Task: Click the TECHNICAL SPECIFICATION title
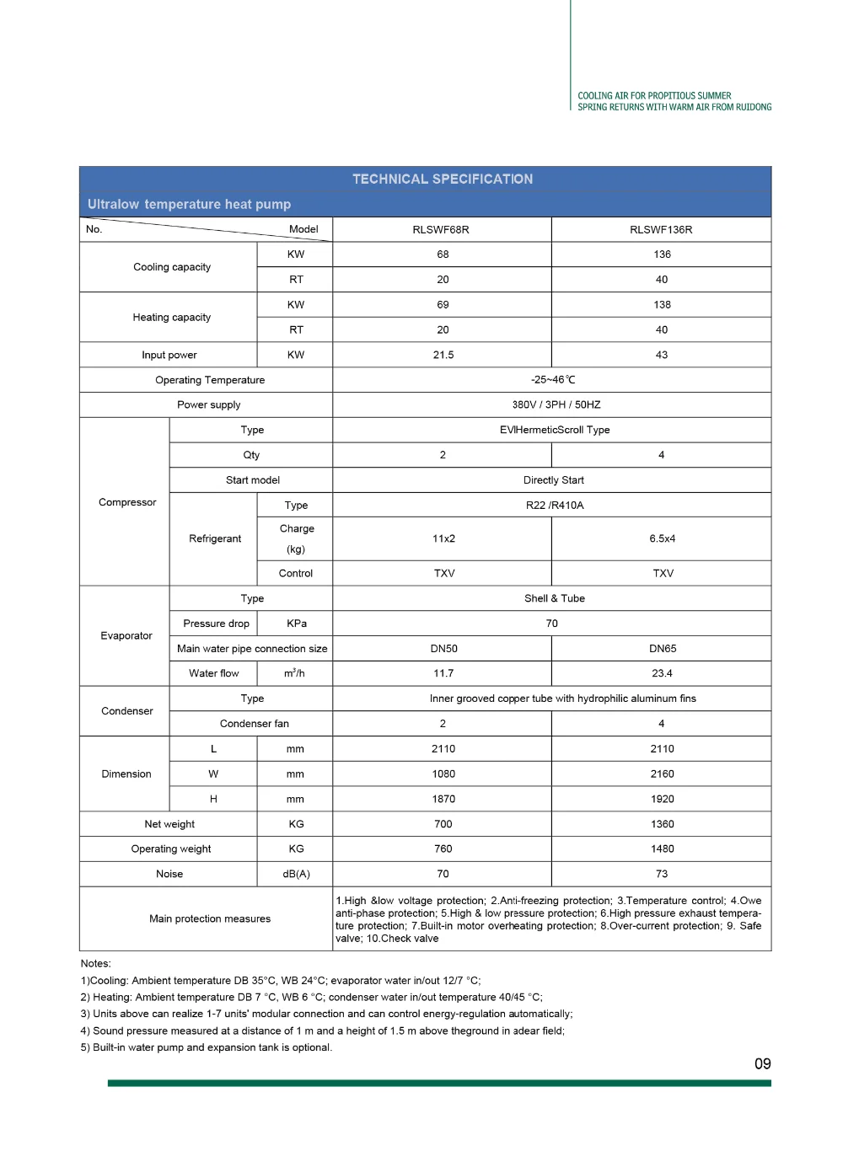[443, 179]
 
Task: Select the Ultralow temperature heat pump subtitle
[189, 204]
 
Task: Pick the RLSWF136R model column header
[661, 229]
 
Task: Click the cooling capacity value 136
[662, 254]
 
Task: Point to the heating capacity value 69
[443, 305]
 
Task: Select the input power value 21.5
[443, 355]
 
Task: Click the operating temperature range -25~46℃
[553, 380]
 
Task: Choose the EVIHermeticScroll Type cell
[555, 430]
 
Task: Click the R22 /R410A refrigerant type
[555, 506]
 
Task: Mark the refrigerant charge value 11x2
[443, 538]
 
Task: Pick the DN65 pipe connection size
[663, 649]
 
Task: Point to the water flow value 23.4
[662, 673]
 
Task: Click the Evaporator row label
[126, 636]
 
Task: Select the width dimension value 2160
[662, 774]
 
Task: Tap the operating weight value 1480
[662, 849]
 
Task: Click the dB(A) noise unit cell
[296, 874]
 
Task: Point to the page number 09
[762, 1064]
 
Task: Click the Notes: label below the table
[95, 963]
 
